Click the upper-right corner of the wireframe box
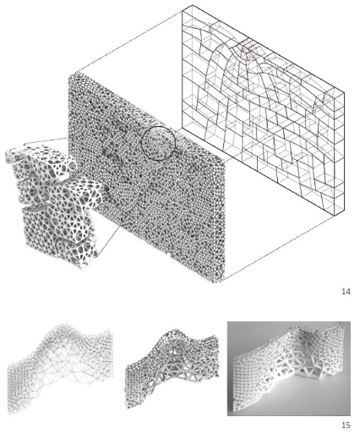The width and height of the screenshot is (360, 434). tap(344, 92)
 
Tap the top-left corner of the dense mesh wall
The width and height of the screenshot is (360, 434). tap(68, 74)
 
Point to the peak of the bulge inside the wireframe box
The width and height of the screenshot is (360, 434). tap(245, 44)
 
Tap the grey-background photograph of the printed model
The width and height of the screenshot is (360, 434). tap(289, 369)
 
